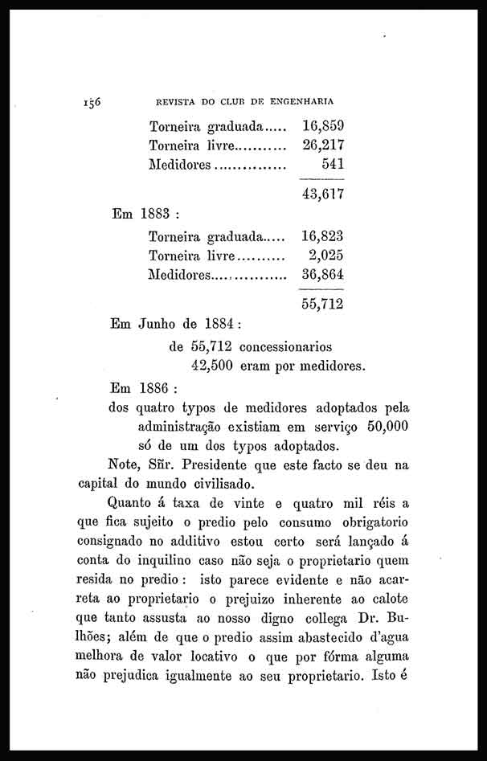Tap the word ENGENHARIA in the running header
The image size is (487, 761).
tap(300, 102)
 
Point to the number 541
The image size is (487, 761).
tap(333, 165)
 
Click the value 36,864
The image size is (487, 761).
tap(323, 276)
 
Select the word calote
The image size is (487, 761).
tap(387, 600)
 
